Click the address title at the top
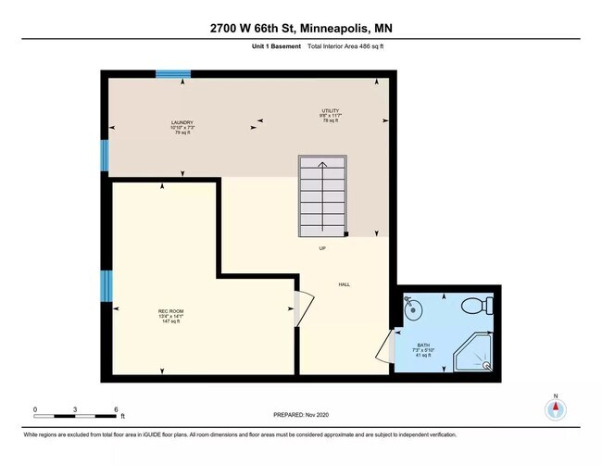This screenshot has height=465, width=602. click(301, 28)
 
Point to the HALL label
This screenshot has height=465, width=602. click(344, 285)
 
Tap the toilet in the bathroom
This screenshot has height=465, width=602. click(477, 305)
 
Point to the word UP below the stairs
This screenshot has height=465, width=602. click(321, 248)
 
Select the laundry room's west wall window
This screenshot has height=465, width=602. click(105, 156)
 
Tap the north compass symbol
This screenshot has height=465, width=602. click(556, 410)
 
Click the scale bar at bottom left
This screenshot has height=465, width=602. click(75, 411)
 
